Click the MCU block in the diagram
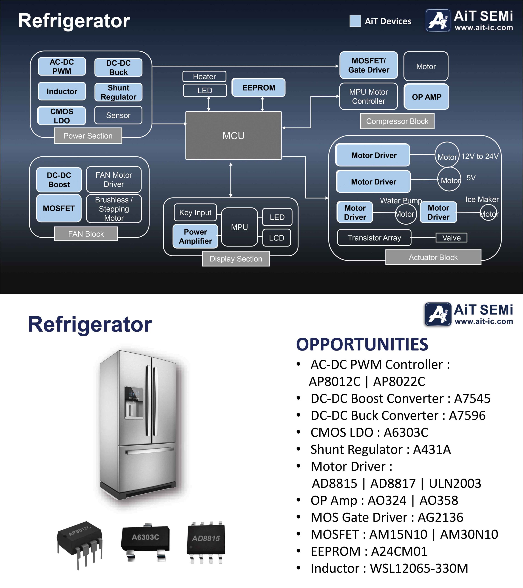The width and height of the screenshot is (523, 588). point(233,136)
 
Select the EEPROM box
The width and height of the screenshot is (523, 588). point(259,88)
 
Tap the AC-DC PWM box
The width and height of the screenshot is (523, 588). point(62,66)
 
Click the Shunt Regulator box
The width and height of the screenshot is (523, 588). point(118,92)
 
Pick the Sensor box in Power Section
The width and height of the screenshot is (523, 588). point(118,115)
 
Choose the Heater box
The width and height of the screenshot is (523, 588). point(204,76)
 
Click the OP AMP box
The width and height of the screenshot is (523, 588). point(426,97)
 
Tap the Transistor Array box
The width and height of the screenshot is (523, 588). point(374,238)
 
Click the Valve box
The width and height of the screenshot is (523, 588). point(451,238)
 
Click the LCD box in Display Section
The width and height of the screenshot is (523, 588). point(277,238)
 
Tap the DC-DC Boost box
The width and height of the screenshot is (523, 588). point(59,180)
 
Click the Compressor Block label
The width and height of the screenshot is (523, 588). point(397,121)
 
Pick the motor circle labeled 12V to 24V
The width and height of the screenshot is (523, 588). point(447,155)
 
